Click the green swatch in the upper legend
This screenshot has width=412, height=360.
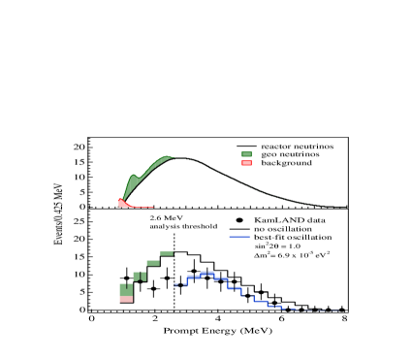pos(247,154)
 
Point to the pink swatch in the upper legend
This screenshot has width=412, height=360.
pos(247,163)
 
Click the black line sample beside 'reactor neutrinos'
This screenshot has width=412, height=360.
pos(247,146)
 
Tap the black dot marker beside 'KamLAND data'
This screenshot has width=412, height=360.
pos(238,220)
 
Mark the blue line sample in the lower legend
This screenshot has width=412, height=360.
pos(238,238)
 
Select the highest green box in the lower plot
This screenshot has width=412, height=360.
pos(167,252)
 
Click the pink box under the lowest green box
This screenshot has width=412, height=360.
pos(126,299)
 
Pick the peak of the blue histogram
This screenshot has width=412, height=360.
pos(206,274)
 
